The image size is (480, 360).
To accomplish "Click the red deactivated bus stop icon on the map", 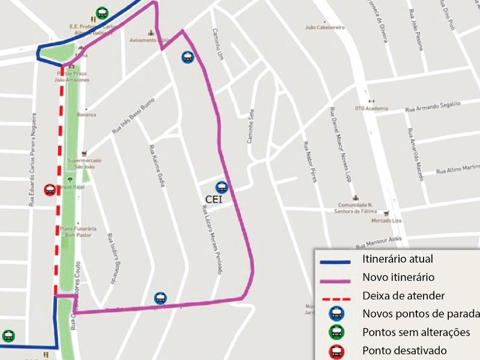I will click(50, 190).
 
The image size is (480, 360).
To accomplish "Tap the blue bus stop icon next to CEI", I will click(222, 187).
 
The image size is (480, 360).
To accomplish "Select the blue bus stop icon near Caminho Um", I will click(188, 57).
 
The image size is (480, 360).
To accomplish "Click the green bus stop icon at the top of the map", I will click(102, 13).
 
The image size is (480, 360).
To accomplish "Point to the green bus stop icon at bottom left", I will click(8, 336).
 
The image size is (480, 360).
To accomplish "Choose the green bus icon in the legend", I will click(337, 332).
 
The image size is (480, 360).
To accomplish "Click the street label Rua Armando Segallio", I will click(433, 107).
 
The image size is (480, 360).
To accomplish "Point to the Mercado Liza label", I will click(385, 221).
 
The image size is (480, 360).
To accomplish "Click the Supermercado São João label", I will click(84, 164).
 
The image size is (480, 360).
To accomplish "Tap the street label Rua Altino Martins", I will click(458, 169).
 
